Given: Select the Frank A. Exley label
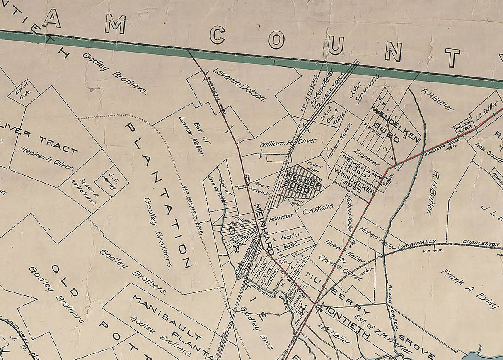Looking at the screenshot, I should pos(469,289).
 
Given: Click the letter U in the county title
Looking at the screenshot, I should pos(336,45).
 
